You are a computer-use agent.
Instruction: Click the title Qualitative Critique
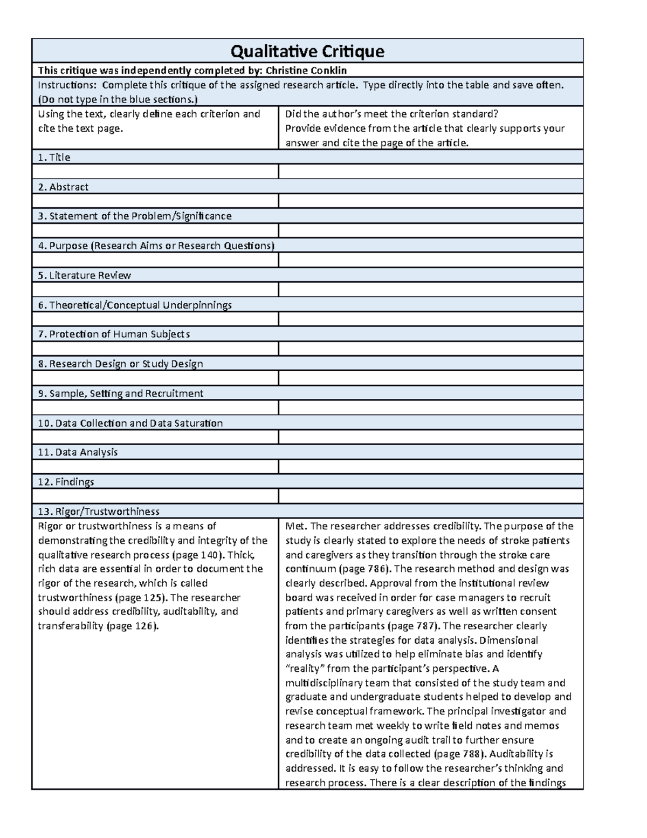pos(307,51)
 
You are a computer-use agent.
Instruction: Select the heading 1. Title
pos(54,158)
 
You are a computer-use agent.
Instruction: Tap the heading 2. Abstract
pos(63,187)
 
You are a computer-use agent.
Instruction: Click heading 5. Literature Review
pos(84,276)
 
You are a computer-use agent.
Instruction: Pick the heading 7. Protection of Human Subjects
pos(114,335)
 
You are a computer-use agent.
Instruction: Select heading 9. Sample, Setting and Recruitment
pos(120,394)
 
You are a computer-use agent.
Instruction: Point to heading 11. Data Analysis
pos(78,453)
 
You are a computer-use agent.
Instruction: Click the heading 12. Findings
pos(66,482)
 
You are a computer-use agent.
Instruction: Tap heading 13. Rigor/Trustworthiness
pos(99,512)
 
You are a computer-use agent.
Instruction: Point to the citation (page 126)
pos(133,626)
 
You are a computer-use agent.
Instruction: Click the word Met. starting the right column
pos(296,527)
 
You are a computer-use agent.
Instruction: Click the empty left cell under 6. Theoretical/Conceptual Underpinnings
pos(155,319)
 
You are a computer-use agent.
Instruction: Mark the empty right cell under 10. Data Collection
pos(430,438)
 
